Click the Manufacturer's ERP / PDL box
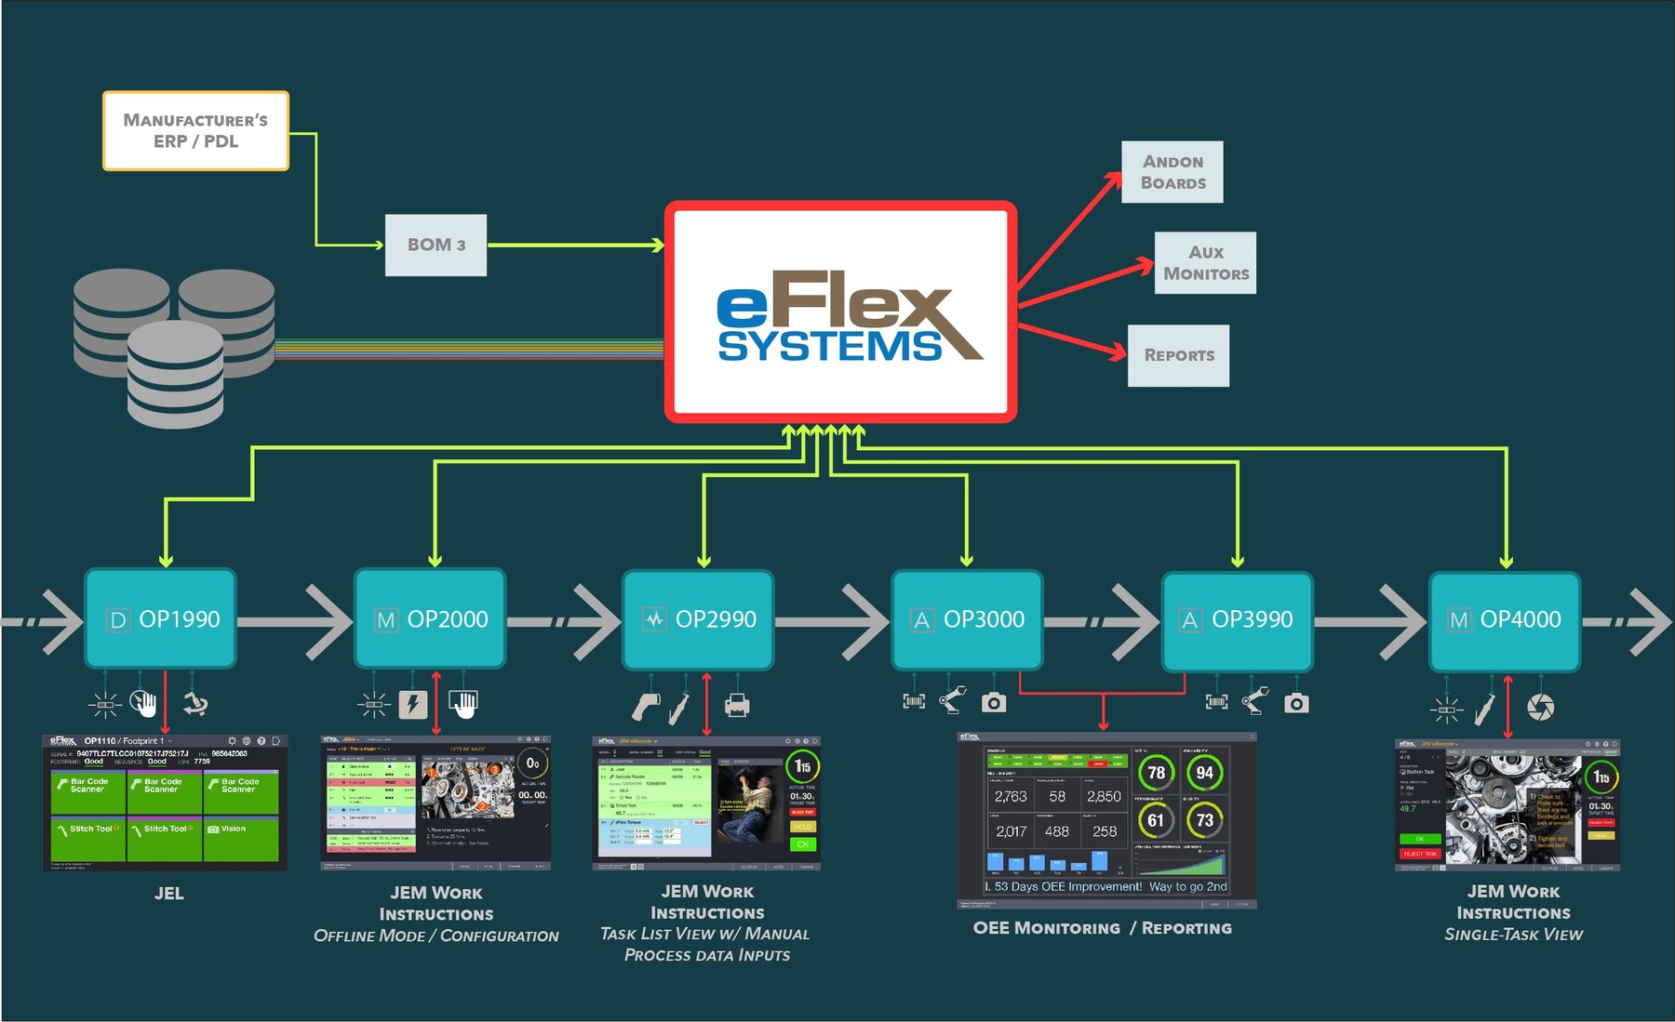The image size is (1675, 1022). click(x=195, y=131)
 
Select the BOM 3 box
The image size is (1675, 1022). click(x=435, y=245)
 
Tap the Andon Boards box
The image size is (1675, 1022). click(x=1172, y=172)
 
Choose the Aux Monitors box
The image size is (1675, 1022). click(x=1205, y=263)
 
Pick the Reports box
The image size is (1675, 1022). click(x=1178, y=355)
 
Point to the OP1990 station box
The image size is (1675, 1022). click(x=160, y=618)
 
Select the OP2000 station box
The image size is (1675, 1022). click(x=430, y=618)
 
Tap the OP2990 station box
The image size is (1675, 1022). click(x=698, y=618)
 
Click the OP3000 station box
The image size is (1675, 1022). click(x=967, y=619)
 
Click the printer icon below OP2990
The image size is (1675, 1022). click(x=737, y=706)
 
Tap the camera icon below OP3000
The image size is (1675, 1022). click(x=994, y=702)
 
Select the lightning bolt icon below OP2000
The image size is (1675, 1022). click(x=412, y=704)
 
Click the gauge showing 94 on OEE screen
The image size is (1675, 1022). click(x=1204, y=773)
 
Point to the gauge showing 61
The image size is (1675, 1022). click(x=1155, y=820)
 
